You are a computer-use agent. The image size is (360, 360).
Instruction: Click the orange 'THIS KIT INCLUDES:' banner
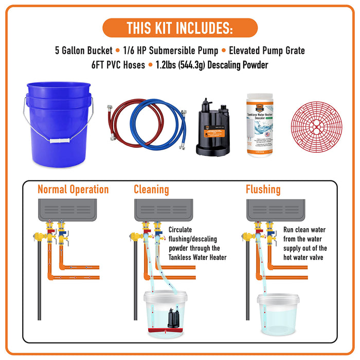(179, 27)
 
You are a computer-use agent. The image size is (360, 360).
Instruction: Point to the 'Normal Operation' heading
(73, 189)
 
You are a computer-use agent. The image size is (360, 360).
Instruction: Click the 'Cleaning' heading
(151, 189)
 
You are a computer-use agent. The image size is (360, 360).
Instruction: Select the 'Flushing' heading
(263, 189)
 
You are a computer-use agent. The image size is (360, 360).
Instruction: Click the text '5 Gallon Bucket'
(82, 50)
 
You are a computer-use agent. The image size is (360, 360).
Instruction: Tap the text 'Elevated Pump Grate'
(266, 50)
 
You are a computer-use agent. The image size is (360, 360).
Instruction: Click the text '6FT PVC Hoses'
(118, 65)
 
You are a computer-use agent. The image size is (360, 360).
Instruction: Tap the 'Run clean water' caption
(305, 243)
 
